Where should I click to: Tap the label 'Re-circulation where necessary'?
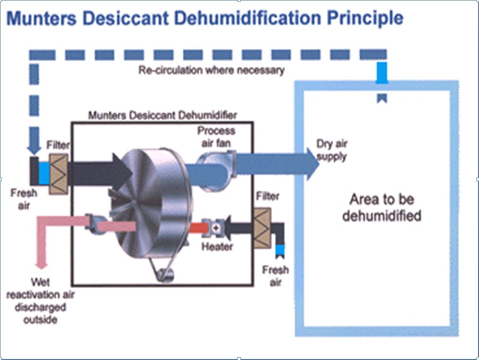click(x=211, y=71)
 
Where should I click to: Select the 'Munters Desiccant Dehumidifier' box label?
click(x=162, y=115)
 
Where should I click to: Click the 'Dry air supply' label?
click(x=331, y=150)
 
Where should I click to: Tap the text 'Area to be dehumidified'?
click(x=382, y=207)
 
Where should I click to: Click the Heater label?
click(x=217, y=246)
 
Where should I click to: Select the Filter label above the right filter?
click(x=268, y=196)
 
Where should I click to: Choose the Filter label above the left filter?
click(x=58, y=145)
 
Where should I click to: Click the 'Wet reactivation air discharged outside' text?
click(x=40, y=301)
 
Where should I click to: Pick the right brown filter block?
click(x=262, y=228)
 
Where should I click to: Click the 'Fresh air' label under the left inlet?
click(x=24, y=199)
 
